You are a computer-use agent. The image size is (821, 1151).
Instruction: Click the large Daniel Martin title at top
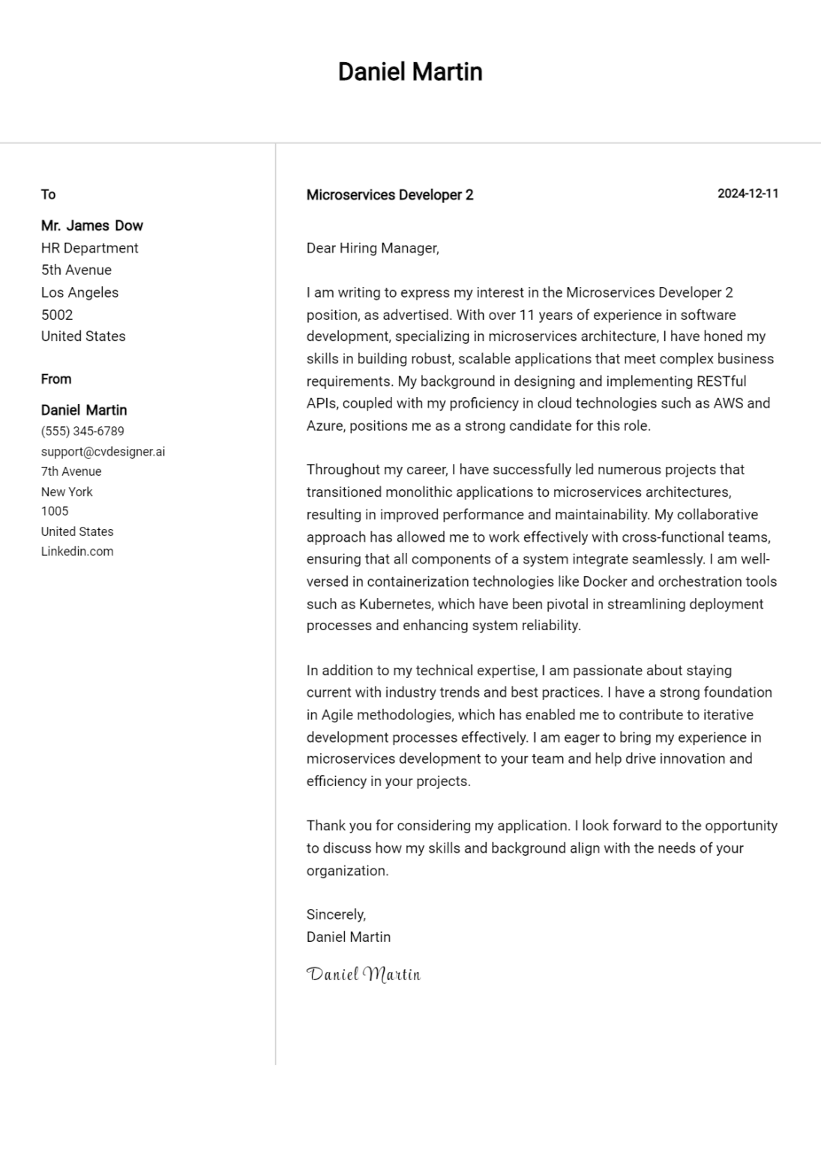(x=410, y=72)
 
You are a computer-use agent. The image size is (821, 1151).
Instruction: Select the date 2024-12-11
(x=748, y=193)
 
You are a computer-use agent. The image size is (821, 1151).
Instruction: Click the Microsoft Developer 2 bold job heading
(x=390, y=195)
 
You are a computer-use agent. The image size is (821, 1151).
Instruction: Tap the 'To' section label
(x=48, y=195)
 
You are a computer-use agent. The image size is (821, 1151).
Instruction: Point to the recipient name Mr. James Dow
(x=91, y=226)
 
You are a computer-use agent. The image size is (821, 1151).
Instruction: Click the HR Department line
(x=89, y=248)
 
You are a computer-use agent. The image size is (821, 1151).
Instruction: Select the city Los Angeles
(x=79, y=292)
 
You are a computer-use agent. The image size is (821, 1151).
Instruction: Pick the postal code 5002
(x=57, y=315)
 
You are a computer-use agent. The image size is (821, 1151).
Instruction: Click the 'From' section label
(x=56, y=379)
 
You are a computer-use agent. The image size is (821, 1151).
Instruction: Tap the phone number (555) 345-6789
(x=82, y=431)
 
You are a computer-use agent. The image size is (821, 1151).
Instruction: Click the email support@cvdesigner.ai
(x=103, y=452)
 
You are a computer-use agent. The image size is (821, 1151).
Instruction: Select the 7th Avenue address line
(x=71, y=471)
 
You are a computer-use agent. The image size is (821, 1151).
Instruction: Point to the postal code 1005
(x=55, y=511)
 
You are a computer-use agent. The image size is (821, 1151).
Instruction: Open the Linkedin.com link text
(x=77, y=552)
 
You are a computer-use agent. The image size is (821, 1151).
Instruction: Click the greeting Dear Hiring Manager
(x=373, y=248)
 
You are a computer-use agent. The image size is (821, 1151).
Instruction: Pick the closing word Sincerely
(x=336, y=914)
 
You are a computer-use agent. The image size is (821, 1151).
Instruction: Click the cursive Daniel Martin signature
(x=364, y=974)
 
